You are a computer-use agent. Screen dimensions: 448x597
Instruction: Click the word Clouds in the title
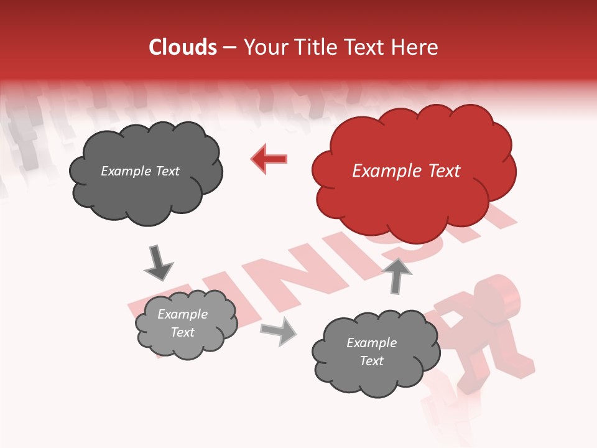coord(183,47)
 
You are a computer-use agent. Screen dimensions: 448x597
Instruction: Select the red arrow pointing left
coord(269,159)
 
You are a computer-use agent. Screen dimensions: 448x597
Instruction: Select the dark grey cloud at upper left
coord(146,172)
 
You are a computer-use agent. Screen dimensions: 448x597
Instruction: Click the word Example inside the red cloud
coord(388,171)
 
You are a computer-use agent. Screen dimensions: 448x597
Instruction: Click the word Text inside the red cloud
coord(444,171)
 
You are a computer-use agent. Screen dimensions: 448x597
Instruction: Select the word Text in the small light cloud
coord(182,332)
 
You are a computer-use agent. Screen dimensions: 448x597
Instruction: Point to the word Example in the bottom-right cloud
coord(371,343)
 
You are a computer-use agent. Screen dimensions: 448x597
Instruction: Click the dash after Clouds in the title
coord(229,48)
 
